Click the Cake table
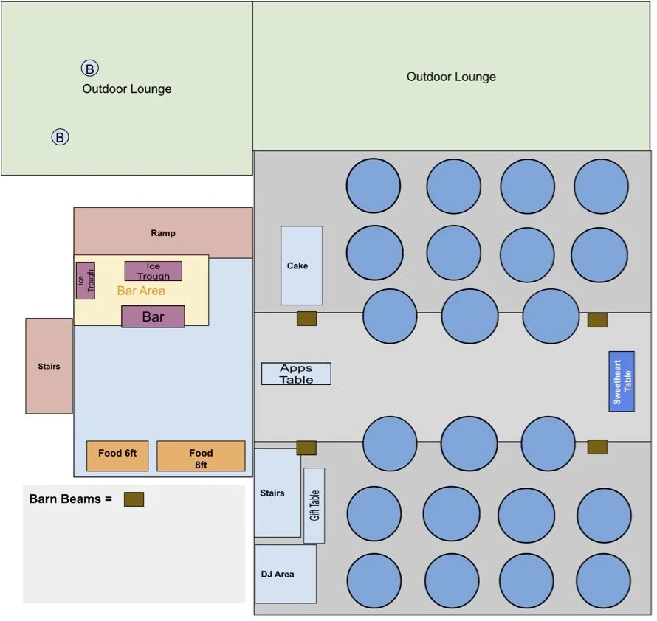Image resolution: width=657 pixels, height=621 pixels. tap(301, 266)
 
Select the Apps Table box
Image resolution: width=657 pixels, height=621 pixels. tap(296, 373)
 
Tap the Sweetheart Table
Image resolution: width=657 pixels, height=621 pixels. tap(622, 381)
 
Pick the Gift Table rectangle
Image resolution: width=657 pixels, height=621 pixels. tap(314, 505)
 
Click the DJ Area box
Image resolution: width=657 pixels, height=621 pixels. tap(285, 574)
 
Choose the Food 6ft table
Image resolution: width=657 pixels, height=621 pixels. tap(118, 456)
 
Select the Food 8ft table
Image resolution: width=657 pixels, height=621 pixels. tap(201, 456)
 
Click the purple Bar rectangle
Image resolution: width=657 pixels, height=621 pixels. tap(153, 316)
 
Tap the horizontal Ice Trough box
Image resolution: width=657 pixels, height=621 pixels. tap(153, 271)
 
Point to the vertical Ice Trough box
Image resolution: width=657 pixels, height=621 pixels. tap(85, 280)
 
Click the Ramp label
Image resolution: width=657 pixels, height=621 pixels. tap(163, 233)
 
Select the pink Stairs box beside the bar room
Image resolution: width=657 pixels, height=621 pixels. tap(49, 366)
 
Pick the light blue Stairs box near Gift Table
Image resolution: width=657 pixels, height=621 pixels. tap(277, 493)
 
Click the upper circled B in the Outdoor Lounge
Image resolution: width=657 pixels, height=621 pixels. tap(89, 69)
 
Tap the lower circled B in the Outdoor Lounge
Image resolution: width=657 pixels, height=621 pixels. tap(60, 136)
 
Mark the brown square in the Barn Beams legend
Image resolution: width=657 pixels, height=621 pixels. tap(134, 499)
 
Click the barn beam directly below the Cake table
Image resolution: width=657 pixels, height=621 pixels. tap(306, 319)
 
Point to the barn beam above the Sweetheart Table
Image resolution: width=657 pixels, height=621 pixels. tap(597, 320)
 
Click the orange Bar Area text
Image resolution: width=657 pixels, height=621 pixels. tap(141, 291)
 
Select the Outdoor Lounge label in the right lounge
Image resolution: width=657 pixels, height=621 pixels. tap(451, 77)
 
